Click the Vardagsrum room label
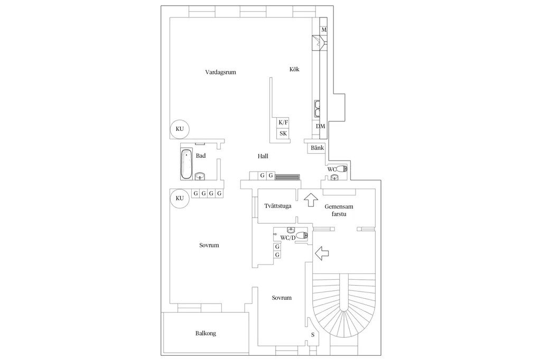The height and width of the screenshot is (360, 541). click(x=220, y=72)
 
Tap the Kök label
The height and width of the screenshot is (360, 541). click(x=294, y=69)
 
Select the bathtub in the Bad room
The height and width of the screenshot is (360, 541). click(x=186, y=164)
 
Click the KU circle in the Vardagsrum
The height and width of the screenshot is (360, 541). click(x=180, y=129)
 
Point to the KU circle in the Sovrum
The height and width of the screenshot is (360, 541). click(x=180, y=198)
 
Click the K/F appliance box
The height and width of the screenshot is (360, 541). click(x=283, y=122)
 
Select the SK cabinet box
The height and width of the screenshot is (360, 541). click(x=283, y=134)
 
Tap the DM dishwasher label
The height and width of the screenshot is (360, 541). click(x=321, y=126)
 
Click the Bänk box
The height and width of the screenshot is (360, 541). click(x=317, y=148)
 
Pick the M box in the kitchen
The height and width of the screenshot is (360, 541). click(x=324, y=30)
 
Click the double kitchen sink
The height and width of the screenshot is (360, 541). click(x=318, y=108)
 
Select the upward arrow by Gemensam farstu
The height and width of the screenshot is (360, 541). click(x=311, y=200)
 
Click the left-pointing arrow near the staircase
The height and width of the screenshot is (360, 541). click(x=322, y=253)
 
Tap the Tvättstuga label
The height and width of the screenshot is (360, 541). click(x=278, y=206)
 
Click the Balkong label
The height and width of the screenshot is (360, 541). click(x=206, y=334)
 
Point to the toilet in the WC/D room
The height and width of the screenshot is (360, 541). click(x=302, y=236)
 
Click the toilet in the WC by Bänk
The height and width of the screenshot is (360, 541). click(x=342, y=169)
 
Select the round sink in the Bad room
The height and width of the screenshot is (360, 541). click(x=200, y=176)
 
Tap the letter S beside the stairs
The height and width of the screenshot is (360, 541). click(x=313, y=335)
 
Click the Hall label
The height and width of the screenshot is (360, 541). click(x=263, y=156)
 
